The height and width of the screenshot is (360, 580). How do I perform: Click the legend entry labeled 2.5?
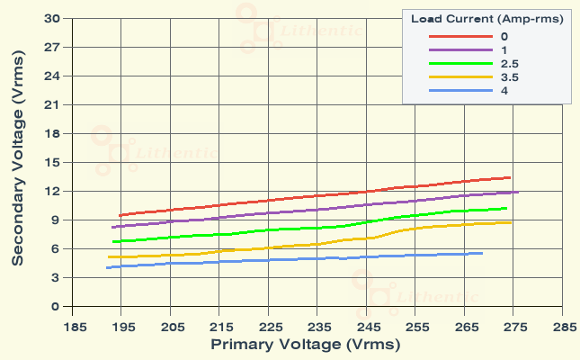(509, 64)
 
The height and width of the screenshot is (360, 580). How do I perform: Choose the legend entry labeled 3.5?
(509, 77)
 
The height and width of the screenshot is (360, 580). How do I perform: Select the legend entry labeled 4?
(504, 91)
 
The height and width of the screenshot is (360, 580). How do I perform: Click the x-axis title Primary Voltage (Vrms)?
(306, 345)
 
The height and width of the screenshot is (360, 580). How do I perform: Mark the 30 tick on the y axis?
(51, 18)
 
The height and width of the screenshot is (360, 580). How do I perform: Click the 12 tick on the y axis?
(51, 191)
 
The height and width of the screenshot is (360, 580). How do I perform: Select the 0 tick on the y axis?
(55, 306)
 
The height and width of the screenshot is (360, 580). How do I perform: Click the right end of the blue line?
(482, 253)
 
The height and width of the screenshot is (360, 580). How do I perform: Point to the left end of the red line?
(120, 215)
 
